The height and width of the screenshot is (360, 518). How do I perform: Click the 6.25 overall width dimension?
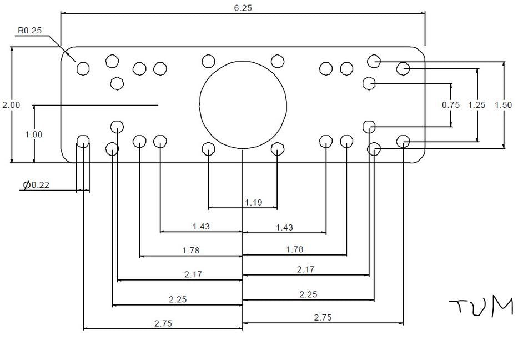pos(243,8)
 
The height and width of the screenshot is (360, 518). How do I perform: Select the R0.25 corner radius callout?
pos(29,31)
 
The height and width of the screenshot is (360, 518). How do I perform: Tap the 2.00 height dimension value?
pos(11,105)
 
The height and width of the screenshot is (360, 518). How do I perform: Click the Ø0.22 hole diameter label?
pos(36,185)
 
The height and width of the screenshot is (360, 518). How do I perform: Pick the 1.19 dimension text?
pos(253,202)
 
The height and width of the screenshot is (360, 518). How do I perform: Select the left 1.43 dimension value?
pos(201,226)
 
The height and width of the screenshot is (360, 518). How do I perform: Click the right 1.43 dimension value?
pos(284,227)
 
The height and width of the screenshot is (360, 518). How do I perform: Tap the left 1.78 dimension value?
pos(190,251)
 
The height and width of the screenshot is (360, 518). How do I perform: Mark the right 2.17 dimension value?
pos(305,269)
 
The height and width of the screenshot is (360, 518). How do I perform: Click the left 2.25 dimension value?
pos(178,299)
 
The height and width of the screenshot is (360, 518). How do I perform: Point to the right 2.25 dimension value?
pos(308,294)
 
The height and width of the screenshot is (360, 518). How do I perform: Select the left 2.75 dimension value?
pos(163,323)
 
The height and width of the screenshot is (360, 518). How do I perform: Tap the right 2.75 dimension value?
pos(323,318)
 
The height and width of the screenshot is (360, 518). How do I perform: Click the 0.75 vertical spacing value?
pos(451,105)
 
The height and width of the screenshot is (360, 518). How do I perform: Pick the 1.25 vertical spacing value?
pos(477,105)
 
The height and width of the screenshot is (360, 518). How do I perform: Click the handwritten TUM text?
pos(481,307)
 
